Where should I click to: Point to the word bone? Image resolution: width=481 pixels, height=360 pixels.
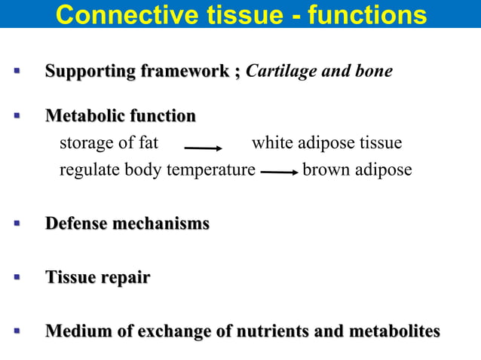pyautogui.click(x=375, y=72)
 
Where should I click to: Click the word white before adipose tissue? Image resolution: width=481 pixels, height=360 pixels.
pyautogui.click(x=271, y=143)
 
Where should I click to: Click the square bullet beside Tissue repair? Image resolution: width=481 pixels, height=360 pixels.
pyautogui.click(x=16, y=278)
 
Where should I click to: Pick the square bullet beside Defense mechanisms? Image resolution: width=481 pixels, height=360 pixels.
pyautogui.click(x=16, y=224)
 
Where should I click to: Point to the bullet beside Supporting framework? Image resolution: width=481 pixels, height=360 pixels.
pyautogui.click(x=16, y=72)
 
